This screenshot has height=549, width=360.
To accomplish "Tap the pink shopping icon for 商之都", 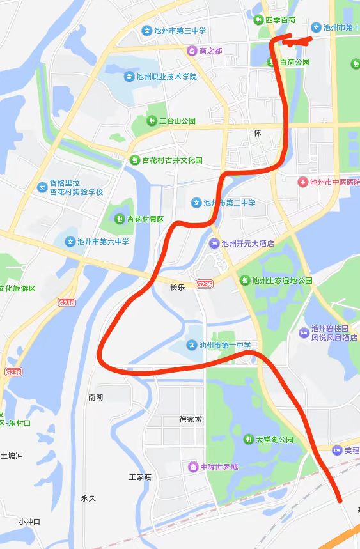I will pyautogui.click(x=191, y=50).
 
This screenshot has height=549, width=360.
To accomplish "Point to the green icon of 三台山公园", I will pyautogui.click(x=152, y=120).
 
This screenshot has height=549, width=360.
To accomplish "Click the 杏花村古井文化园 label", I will pyautogui.click(x=172, y=160).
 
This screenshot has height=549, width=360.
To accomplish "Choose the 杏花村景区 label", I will pyautogui.click(x=145, y=219).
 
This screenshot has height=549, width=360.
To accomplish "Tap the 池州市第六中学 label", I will pyautogui.click(x=103, y=242).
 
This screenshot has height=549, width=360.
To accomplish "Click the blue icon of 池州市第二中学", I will pyautogui.click(x=196, y=203).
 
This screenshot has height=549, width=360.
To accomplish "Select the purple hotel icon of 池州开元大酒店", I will pyautogui.click(x=214, y=243).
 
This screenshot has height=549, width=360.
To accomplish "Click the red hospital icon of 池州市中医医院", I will pyautogui.click(x=303, y=183).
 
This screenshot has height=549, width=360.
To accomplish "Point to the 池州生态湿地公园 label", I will pyautogui.click(x=282, y=280).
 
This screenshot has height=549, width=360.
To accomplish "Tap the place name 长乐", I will pyautogui.click(x=177, y=288).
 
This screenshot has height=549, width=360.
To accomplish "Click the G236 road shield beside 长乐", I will pyautogui.click(x=204, y=284).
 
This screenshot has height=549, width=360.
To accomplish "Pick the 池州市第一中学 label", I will pyautogui.click(x=224, y=345).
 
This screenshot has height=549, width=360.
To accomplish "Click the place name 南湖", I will pyautogui.click(x=96, y=398).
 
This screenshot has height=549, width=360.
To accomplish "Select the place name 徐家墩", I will pyautogui.click(x=191, y=419).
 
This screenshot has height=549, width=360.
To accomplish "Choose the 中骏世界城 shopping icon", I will pyautogui.click(x=192, y=467).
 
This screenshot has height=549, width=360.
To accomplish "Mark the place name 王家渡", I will pyautogui.click(x=140, y=477).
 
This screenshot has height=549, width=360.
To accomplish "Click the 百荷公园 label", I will pyautogui.click(x=294, y=62).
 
